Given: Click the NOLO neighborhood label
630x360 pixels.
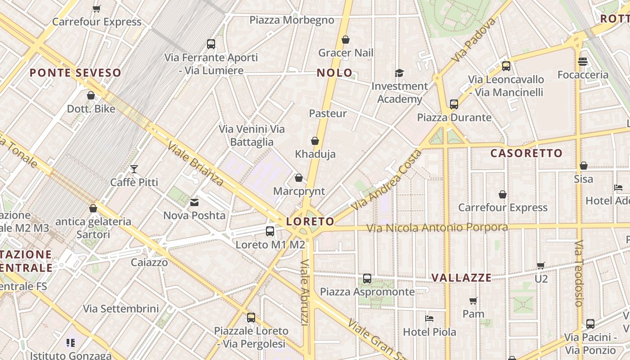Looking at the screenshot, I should (334, 73).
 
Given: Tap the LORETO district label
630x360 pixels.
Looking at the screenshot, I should (310, 221).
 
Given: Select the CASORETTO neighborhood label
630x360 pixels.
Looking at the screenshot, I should (526, 153).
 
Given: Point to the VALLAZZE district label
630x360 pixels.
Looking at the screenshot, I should (461, 278).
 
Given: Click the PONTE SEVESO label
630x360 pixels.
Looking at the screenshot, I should (76, 73).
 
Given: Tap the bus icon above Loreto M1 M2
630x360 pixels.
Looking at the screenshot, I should (270, 231).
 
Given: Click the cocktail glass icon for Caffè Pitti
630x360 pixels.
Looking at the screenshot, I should (134, 169).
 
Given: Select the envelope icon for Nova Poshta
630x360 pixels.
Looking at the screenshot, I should (194, 202).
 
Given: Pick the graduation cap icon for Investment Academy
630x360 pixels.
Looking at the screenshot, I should (399, 73).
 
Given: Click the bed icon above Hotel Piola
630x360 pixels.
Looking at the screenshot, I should (429, 319).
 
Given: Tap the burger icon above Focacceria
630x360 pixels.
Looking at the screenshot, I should (583, 62).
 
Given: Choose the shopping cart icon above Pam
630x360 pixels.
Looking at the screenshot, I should (473, 301).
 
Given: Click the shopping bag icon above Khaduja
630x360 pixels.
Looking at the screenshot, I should (315, 141).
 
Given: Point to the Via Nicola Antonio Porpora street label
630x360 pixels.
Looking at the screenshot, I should (437, 228).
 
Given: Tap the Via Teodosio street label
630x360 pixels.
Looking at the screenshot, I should (579, 273).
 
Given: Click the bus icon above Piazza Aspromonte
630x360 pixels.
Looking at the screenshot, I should (367, 279).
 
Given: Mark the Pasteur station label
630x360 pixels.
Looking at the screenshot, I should (328, 113).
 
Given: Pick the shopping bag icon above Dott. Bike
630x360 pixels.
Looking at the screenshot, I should (91, 95).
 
